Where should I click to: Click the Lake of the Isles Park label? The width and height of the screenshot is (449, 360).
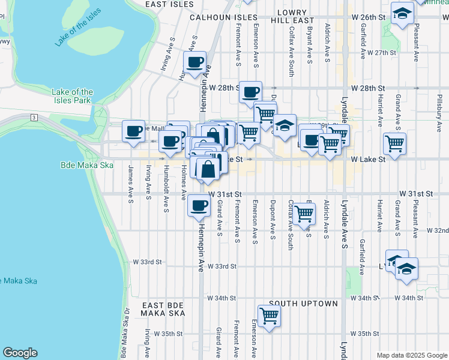pos(72,96)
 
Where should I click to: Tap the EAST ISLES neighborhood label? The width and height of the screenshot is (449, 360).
pos(170,4)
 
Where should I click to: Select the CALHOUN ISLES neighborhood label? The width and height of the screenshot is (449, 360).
pos(223,17)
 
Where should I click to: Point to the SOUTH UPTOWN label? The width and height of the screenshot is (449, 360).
pos(303,304)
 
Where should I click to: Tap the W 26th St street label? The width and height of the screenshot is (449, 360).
pos(369,17)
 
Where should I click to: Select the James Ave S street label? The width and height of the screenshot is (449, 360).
pos(130,184)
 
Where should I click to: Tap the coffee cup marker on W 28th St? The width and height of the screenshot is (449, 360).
pos(251,92)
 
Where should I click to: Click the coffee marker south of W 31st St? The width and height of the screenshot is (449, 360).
pos(199,205)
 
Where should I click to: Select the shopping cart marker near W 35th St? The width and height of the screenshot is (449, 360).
pos(269,315)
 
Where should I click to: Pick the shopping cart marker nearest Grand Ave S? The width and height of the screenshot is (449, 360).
pos(394,143)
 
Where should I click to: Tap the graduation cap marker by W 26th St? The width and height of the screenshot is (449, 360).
pos(402,13)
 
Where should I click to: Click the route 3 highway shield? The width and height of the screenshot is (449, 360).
pos(35,116)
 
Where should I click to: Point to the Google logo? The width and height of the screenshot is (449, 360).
pos(20,353)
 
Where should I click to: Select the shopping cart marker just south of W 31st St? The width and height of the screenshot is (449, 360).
pos(304,212)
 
